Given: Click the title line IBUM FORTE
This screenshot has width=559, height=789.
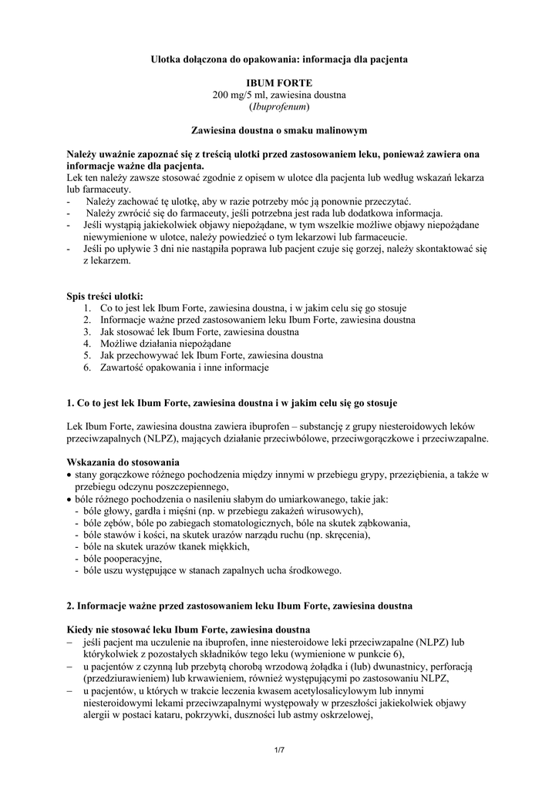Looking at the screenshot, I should [279, 81].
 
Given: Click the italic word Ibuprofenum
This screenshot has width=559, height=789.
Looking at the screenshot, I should [279, 106].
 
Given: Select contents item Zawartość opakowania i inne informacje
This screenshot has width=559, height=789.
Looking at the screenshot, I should [184, 368].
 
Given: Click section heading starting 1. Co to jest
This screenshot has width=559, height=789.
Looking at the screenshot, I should [232, 402].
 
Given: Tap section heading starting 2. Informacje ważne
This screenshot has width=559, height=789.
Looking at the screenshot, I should [240, 606].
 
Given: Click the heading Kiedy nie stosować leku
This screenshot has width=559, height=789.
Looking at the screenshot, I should [189, 629].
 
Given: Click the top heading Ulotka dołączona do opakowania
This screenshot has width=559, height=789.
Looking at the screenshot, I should [279, 58].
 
